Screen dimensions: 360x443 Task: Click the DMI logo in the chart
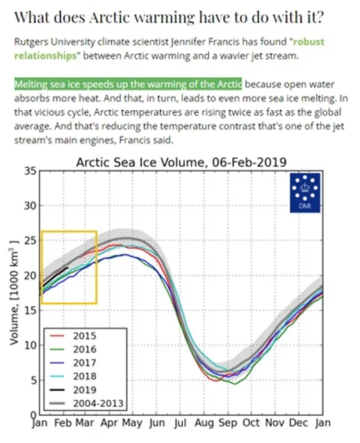(x=305, y=193)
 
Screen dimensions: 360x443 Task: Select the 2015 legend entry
(x=73, y=336)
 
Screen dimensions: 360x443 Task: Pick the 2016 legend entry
(x=73, y=350)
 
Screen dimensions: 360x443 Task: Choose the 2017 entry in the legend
(x=73, y=363)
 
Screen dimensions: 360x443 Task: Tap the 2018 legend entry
(x=73, y=376)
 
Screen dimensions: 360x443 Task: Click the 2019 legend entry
(x=73, y=390)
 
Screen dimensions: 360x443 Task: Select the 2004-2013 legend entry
(x=87, y=403)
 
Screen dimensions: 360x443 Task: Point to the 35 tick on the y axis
(x=30, y=171)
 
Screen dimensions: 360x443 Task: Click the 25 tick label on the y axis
(x=30, y=241)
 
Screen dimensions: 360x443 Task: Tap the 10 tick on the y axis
(x=30, y=345)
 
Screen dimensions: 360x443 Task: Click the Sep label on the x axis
(x=227, y=424)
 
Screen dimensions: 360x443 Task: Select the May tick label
(x=132, y=424)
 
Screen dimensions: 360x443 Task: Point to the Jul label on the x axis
(x=180, y=424)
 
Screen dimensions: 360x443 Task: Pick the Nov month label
(x=275, y=423)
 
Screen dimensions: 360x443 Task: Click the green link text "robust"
(x=309, y=42)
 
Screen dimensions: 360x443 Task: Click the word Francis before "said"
(x=133, y=140)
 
